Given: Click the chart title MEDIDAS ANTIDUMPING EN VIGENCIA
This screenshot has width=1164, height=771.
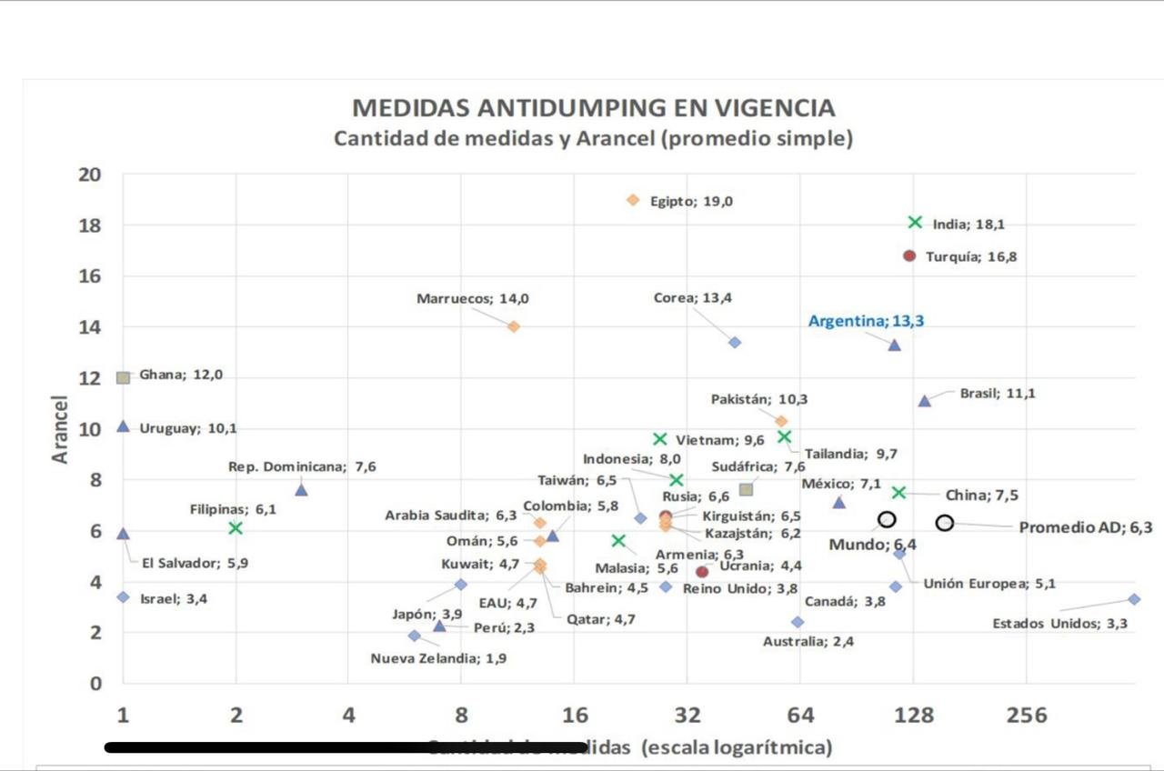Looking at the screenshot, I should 593,108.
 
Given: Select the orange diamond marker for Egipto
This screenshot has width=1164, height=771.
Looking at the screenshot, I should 633,200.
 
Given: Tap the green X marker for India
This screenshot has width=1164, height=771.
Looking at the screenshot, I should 915,223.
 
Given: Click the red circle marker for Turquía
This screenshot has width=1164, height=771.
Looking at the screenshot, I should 909,256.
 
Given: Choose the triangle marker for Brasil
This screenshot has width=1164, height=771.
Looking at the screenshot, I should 925,401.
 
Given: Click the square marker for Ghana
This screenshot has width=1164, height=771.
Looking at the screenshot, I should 124,377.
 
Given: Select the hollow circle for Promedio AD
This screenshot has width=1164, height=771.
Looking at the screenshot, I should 945,523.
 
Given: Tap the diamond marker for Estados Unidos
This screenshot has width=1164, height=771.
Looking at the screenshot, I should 1134,599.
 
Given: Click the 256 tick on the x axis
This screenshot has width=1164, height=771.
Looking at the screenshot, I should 1026,716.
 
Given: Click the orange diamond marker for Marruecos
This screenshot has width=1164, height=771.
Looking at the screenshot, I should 514,326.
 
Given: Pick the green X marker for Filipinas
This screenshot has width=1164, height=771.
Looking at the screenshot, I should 236,528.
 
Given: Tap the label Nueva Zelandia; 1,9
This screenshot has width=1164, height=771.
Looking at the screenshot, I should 438,658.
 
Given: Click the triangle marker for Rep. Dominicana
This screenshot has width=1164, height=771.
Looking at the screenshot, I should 302,490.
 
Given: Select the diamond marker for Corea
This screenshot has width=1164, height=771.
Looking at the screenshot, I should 735,343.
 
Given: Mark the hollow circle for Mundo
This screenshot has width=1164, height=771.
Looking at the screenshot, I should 887,519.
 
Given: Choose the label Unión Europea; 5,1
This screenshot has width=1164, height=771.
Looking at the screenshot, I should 989,584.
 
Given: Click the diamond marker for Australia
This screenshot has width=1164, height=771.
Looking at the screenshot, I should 798,622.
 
